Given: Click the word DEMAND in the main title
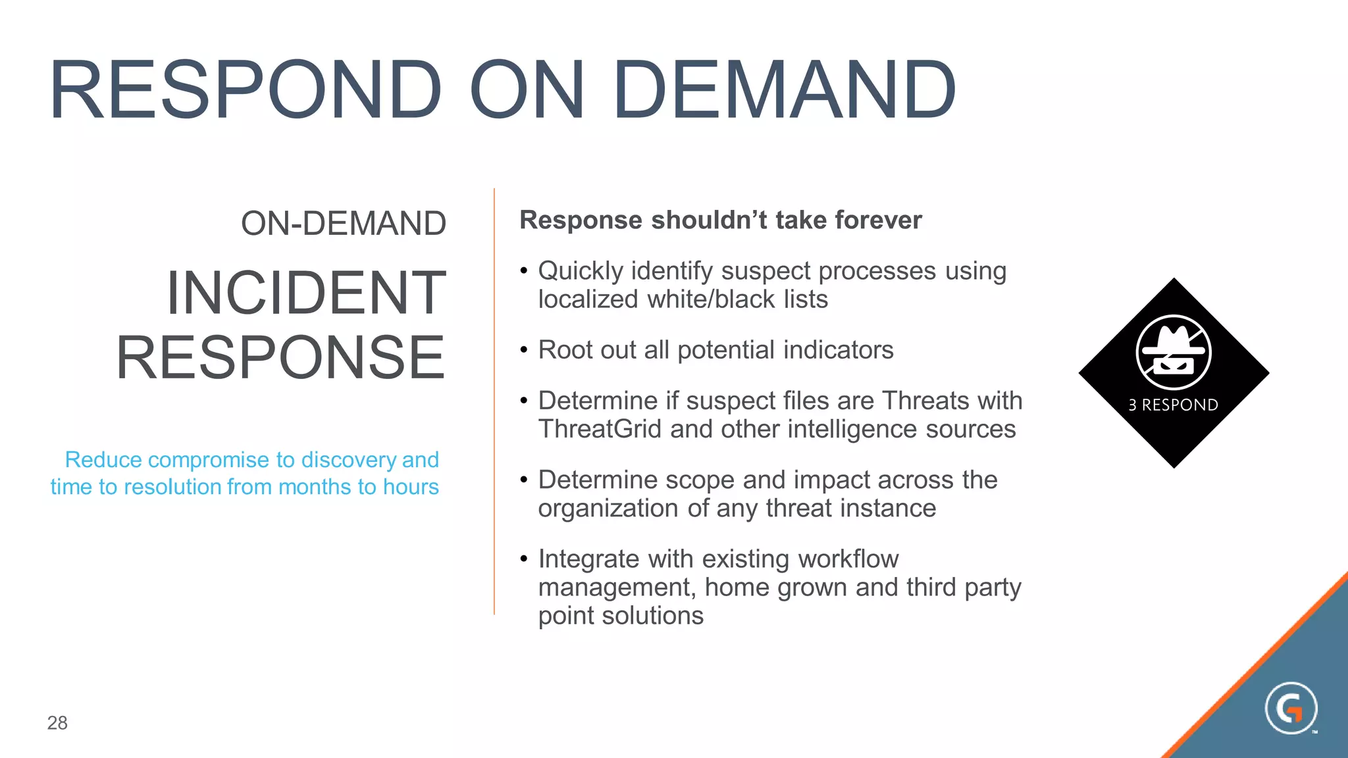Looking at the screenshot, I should point(784,90).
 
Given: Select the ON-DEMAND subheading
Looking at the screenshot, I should point(344,224).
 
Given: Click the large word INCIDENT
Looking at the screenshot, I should point(306,293).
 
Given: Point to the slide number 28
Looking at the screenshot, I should point(57,723).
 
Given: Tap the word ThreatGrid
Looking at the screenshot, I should point(600,429).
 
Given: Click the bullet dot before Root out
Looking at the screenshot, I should point(524,349).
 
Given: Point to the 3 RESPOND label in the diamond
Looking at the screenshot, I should point(1173,405).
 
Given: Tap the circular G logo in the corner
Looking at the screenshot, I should point(1291,709).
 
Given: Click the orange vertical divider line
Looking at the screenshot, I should point(494,401).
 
